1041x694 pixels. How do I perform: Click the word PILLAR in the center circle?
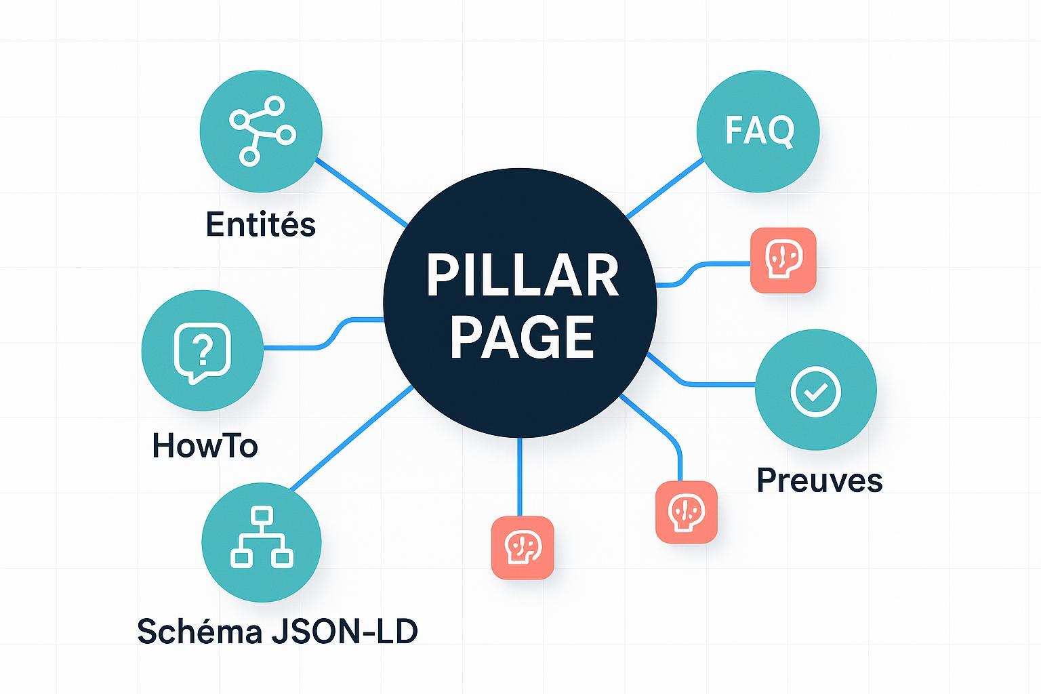(522, 275)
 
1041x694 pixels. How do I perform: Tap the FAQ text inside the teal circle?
(758, 130)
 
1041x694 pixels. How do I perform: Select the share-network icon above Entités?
(262, 131)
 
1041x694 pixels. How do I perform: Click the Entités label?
(260, 224)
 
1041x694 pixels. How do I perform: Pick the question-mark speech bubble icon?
(202, 352)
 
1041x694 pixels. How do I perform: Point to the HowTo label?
(205, 446)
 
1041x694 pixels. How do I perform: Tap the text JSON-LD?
(344, 631)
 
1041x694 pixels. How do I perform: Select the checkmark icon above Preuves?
(815, 390)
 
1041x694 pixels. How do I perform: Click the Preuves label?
(819, 480)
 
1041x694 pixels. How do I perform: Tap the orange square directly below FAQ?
(783, 260)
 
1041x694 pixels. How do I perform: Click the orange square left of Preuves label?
(686, 512)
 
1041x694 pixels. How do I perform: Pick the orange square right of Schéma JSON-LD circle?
(522, 548)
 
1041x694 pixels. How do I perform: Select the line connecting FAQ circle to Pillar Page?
(664, 188)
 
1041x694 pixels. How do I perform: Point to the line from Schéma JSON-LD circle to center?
(351, 438)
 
